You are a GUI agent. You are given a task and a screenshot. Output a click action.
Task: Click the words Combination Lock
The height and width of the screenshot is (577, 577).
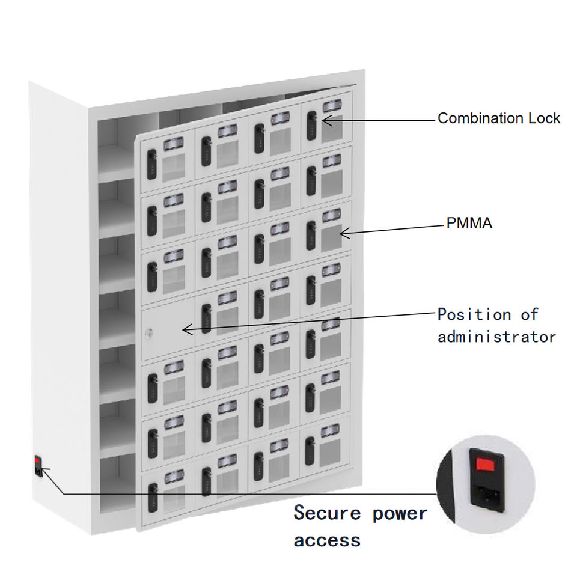tap(498, 118)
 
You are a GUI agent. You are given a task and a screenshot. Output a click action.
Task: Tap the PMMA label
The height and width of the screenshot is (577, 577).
tap(469, 224)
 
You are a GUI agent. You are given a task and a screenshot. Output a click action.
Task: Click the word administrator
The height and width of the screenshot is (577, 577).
tap(496, 337)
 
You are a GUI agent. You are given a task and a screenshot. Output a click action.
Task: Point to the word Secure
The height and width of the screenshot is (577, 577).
tap(328, 514)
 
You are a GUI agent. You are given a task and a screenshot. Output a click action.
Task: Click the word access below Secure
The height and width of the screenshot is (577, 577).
tap(328, 540)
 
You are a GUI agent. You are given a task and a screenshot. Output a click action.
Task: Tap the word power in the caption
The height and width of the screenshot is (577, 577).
tap(400, 514)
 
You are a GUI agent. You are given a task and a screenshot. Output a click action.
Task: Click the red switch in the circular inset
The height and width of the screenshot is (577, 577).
tap(485, 464)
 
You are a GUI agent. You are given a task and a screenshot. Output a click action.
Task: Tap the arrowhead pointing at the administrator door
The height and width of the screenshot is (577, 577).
tap(186, 329)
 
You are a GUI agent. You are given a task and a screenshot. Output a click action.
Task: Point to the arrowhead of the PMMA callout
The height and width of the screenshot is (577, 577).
tap(342, 233)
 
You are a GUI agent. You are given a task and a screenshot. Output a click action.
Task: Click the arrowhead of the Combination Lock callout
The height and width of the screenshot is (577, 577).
tap(325, 120)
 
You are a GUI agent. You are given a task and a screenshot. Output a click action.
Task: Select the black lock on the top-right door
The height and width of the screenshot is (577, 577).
tap(311, 123)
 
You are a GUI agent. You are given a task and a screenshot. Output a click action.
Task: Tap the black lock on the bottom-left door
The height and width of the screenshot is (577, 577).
tap(153, 497)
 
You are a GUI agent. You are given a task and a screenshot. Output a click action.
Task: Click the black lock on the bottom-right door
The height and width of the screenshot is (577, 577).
tap(310, 450)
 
